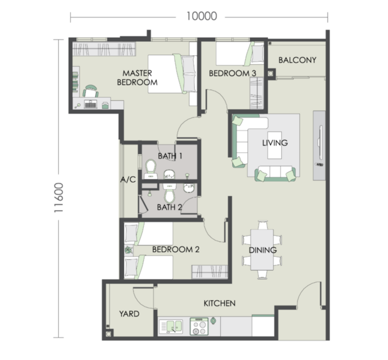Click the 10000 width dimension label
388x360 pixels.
pos(201,16)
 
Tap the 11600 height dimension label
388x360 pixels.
pos(59,197)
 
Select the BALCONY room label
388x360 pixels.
pos(297,60)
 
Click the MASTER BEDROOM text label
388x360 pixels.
pos(137,77)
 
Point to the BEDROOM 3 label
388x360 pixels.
pos(232,73)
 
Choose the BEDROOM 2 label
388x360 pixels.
pos(176,250)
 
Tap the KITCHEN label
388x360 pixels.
pos(219,304)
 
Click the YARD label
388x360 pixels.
pos(129,314)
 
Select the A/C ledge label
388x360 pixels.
pos(128,179)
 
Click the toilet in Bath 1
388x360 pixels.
pos(151,169)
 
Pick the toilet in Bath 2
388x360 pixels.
pos(170,193)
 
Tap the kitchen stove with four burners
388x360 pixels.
pos(200,326)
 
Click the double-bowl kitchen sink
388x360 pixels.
pos(171,326)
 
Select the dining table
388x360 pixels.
pos(262,250)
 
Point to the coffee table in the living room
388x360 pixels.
pos(275,145)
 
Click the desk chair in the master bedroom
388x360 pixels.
pos(91,91)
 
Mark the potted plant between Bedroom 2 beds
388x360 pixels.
pos(128,250)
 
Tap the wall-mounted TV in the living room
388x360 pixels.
pos(321,143)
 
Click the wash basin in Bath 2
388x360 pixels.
pos(190,188)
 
